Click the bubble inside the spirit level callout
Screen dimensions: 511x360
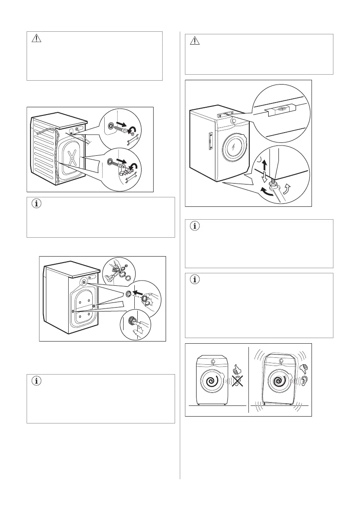coord(279,109)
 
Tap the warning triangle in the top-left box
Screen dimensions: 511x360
coord(36,39)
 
